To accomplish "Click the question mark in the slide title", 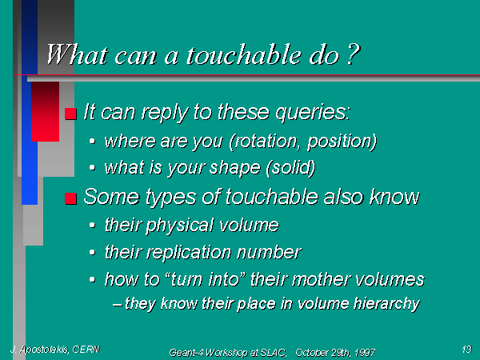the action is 354,54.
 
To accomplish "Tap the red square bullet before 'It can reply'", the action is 70,114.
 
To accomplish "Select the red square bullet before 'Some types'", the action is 70,198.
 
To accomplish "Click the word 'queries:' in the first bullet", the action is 313,113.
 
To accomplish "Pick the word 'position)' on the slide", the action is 342,142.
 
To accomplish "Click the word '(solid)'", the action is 291,168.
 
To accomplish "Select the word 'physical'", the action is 179,226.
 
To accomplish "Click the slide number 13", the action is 466,349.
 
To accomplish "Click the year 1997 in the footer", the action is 365,353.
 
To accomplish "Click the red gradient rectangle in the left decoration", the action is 45,111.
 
